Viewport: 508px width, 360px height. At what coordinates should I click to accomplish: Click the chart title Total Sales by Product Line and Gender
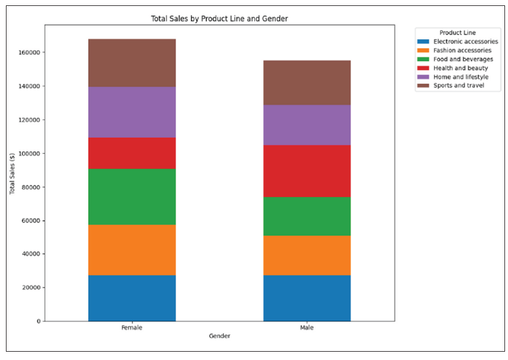(220, 19)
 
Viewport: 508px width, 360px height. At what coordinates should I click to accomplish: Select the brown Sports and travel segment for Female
(132, 63)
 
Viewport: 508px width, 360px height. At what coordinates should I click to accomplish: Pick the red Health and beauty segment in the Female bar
(132, 153)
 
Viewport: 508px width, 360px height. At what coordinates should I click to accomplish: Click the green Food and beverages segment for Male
(307, 216)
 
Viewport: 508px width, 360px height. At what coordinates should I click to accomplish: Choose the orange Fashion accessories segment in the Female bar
(132, 250)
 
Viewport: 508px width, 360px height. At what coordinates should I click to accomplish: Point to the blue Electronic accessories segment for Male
(307, 298)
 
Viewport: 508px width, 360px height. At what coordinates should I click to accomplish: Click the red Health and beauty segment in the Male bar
(307, 171)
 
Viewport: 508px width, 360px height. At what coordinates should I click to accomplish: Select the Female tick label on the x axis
(132, 327)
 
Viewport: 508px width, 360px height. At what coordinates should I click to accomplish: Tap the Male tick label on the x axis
(307, 327)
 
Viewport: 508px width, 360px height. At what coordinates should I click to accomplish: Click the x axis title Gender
(219, 336)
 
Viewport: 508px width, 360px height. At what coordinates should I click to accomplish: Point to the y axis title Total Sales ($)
(12, 173)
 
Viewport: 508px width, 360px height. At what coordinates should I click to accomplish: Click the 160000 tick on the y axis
(29, 52)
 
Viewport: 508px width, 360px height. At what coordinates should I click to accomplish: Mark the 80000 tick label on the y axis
(31, 187)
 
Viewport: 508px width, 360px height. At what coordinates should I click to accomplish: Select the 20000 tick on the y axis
(31, 288)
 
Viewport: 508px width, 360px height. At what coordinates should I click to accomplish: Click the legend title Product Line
(456, 33)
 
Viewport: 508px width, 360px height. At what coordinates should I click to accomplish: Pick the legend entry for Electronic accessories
(465, 42)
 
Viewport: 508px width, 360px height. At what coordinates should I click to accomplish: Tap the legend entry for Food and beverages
(463, 59)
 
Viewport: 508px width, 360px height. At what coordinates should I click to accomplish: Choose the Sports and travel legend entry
(458, 85)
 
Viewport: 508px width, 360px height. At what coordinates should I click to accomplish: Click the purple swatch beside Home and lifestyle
(423, 77)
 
